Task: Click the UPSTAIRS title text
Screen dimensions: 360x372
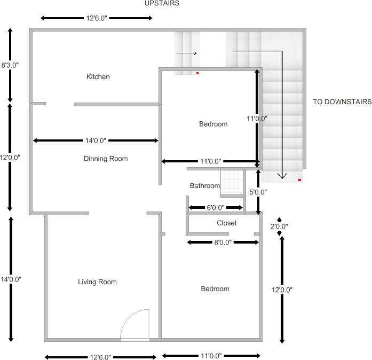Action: tap(162, 3)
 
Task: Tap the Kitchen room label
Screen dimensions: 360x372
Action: tap(98, 77)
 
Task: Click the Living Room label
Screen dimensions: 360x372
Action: tap(97, 282)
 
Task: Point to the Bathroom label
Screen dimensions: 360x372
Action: tap(205, 186)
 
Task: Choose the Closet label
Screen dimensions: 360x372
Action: tap(226, 223)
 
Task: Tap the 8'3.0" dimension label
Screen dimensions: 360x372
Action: tap(10, 65)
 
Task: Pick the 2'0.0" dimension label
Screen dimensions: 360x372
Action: tap(279, 226)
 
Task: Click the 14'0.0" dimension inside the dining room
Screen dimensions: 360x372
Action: tap(96, 140)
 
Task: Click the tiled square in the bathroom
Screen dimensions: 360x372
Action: tap(232, 182)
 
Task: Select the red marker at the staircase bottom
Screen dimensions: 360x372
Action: tap(300, 181)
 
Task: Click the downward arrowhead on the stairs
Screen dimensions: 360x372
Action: tap(282, 176)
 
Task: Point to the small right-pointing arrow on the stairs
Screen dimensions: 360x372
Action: tap(187, 53)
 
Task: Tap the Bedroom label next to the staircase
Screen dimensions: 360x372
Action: tap(213, 124)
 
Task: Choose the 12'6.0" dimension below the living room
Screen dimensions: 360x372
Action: tap(101, 357)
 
